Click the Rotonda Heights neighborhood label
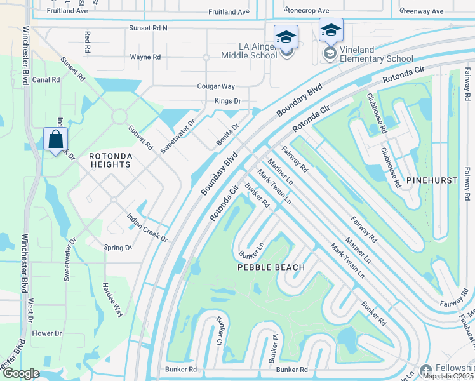coord(110,160)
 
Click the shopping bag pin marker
coord(55,139)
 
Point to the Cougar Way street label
coord(217,86)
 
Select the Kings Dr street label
coord(228,101)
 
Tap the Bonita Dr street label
coord(226,135)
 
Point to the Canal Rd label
coord(46,80)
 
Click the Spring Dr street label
coord(118,247)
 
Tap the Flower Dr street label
coord(47,333)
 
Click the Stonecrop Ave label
coord(307,11)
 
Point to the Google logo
coord(21,373)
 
